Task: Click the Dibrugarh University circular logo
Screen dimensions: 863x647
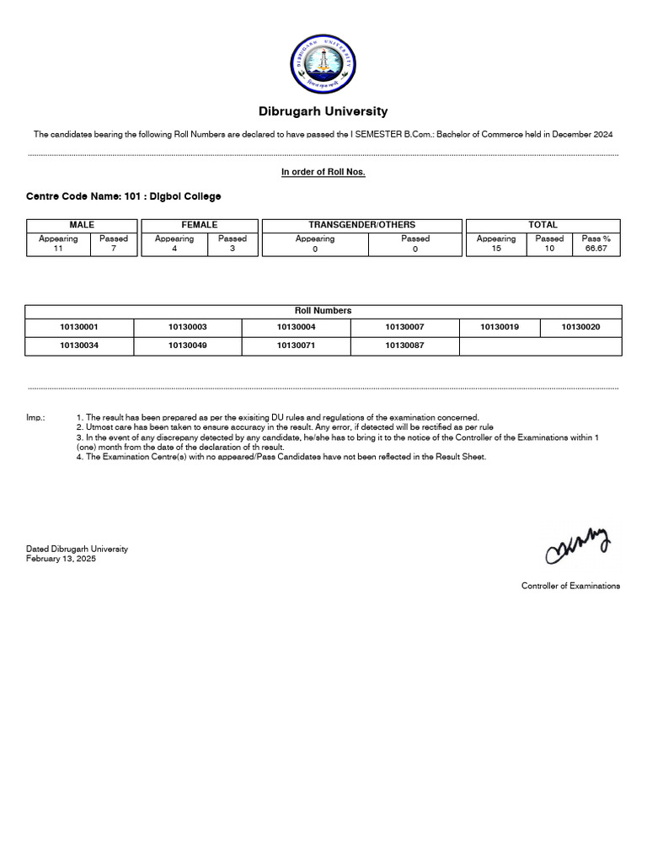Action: pos(323,66)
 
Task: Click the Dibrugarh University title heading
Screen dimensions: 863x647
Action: pos(323,111)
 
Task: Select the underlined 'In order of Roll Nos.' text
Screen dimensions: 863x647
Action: pos(323,172)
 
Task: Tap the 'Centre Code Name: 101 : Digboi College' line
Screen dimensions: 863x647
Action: pos(124,196)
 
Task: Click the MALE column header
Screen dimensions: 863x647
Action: pos(82,225)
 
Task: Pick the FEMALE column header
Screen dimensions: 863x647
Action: pos(200,225)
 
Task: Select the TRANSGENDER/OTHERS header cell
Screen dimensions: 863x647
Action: pos(362,225)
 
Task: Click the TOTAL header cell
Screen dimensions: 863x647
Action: pos(543,225)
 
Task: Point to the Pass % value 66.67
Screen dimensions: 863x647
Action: pos(596,249)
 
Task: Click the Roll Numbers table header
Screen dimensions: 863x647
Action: pos(323,311)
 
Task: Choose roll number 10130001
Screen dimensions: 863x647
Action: pos(79,327)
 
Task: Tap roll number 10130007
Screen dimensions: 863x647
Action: pos(405,327)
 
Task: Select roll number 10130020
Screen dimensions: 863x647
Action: pos(581,327)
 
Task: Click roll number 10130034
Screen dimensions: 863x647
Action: pos(79,346)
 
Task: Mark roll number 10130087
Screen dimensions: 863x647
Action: pos(405,346)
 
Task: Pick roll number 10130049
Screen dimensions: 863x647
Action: pos(188,346)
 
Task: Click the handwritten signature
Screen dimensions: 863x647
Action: pos(578,546)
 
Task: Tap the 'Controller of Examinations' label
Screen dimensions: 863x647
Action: pos(570,586)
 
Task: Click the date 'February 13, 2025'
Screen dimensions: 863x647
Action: pos(61,559)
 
